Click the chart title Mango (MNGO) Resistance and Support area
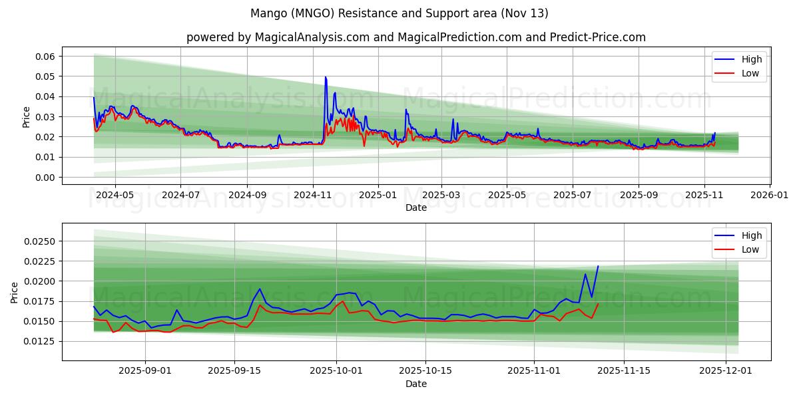pyautogui.click(x=400, y=13)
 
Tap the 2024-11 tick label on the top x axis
pyautogui.click(x=312, y=196)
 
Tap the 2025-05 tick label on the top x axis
pyautogui.click(x=507, y=196)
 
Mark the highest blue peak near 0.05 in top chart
pyautogui.click(x=326, y=77)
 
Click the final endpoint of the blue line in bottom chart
pyautogui.click(x=598, y=266)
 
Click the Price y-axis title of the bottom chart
pyautogui.click(x=15, y=292)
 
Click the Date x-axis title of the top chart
pyautogui.click(x=416, y=208)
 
